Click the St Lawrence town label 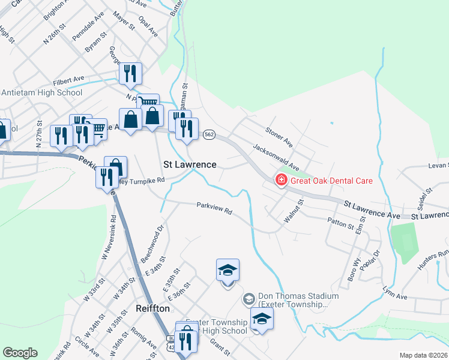click(190, 164)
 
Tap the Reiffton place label click(149, 308)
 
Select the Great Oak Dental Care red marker click(280, 180)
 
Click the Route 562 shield click(209, 135)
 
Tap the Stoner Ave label click(279, 137)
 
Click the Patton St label click(341, 224)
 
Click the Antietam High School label click(42, 93)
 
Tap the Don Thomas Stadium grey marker click(248, 298)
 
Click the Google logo click(20, 353)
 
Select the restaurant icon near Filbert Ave click(130, 74)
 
